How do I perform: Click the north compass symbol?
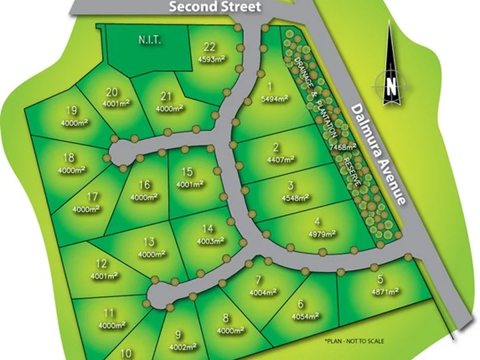(391, 85)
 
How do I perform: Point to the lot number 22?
(210, 46)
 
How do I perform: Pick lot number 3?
(291, 185)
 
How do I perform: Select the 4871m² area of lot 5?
(385, 291)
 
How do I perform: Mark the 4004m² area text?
(263, 293)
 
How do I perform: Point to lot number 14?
(209, 229)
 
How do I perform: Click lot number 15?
(187, 171)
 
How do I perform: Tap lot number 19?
(71, 110)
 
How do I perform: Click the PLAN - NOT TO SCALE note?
(354, 341)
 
